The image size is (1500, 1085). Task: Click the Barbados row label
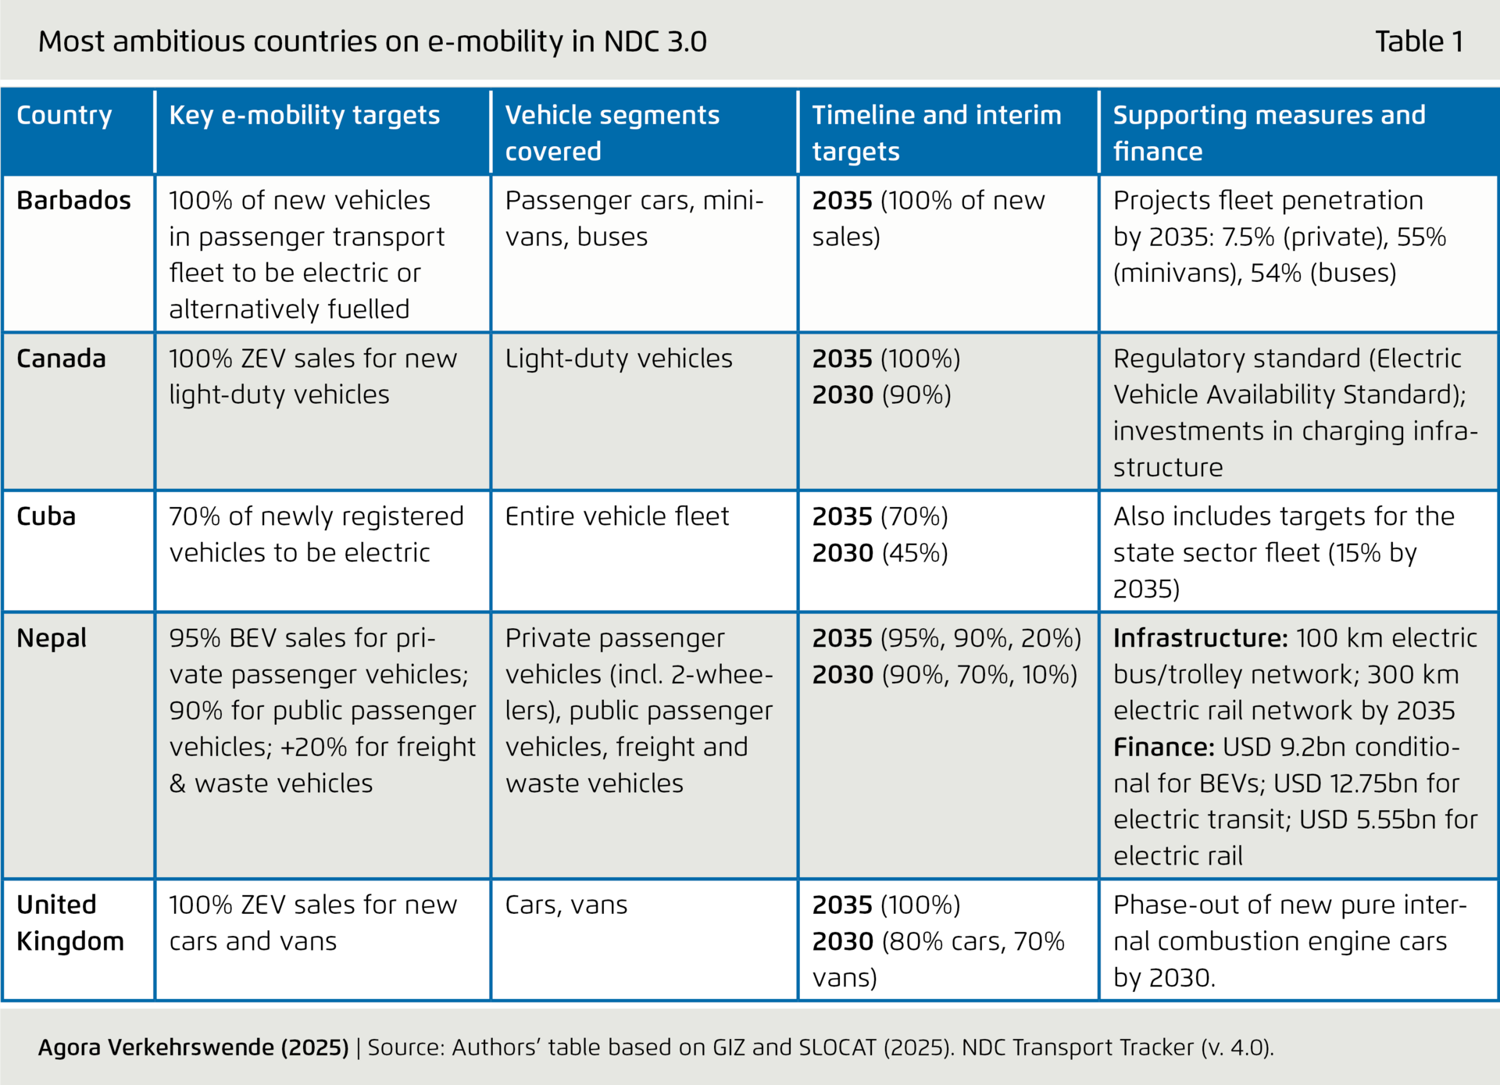point(73,201)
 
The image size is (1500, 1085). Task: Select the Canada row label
point(61,359)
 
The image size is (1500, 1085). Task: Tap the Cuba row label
point(46,516)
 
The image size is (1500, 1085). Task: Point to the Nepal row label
point(52,638)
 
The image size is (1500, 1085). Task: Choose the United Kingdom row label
point(70,923)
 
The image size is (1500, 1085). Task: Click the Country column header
point(64,115)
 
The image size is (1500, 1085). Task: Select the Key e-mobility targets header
point(305,115)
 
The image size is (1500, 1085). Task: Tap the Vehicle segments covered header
point(612,133)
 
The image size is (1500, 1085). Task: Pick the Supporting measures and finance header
point(1269,133)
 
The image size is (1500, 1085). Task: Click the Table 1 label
point(1419,41)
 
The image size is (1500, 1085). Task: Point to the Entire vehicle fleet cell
point(616,516)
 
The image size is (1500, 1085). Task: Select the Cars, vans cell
point(566,905)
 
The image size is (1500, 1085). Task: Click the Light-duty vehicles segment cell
point(619,359)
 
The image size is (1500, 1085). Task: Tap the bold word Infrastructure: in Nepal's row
point(1200,638)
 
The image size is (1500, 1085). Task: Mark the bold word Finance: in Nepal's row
point(1163,747)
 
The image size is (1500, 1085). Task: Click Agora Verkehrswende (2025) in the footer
point(193,1047)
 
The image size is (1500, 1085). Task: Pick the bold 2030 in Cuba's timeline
point(842,553)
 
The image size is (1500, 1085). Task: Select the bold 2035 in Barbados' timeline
point(841,201)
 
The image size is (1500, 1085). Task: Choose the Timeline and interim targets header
point(936,133)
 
